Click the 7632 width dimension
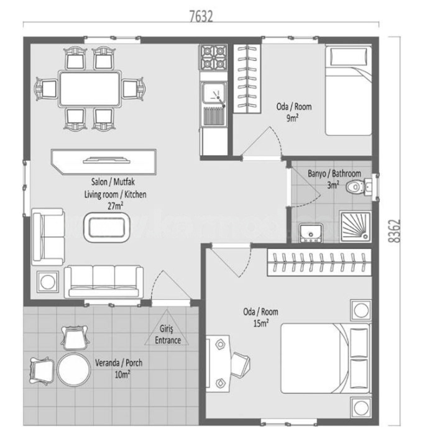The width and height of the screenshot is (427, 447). [201, 17]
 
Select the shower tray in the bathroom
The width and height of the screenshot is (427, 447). [355, 225]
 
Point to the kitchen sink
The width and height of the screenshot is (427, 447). [213, 95]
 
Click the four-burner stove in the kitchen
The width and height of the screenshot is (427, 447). [213, 58]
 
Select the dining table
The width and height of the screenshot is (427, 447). [90, 89]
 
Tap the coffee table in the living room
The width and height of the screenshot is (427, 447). [108, 228]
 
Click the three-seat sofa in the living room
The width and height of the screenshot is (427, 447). [104, 281]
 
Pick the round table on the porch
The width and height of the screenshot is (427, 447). [75, 371]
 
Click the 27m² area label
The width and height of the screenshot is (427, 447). [115, 205]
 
